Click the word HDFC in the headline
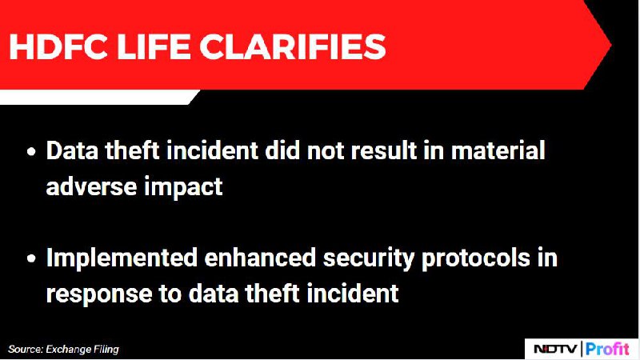pos(58,46)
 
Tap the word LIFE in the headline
pos(154,46)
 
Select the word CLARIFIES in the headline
pos(292,46)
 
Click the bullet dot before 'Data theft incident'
pos(31,152)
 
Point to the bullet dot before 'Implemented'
pos(31,259)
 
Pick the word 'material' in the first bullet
pos(498,150)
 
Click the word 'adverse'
pos(91,186)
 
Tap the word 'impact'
pos(184,188)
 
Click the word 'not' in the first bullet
pos(326,151)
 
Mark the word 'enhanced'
pos(260,258)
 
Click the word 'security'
pos(369,259)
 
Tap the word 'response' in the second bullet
pos(99,294)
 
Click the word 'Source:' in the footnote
pos(26,350)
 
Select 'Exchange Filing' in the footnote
pos(82,350)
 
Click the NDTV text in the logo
pos(555,349)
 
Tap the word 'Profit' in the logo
pos(607,350)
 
